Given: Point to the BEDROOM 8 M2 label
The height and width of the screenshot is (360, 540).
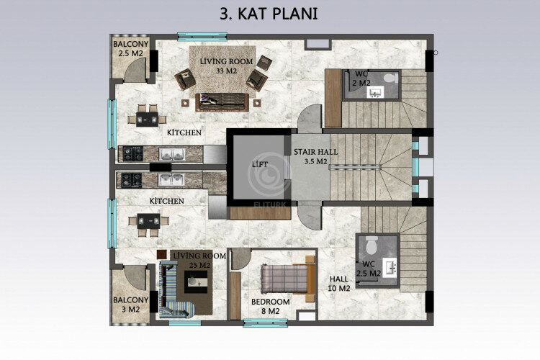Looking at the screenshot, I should pos(270,306).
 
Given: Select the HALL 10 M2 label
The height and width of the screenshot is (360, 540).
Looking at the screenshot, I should pos(339,284).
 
